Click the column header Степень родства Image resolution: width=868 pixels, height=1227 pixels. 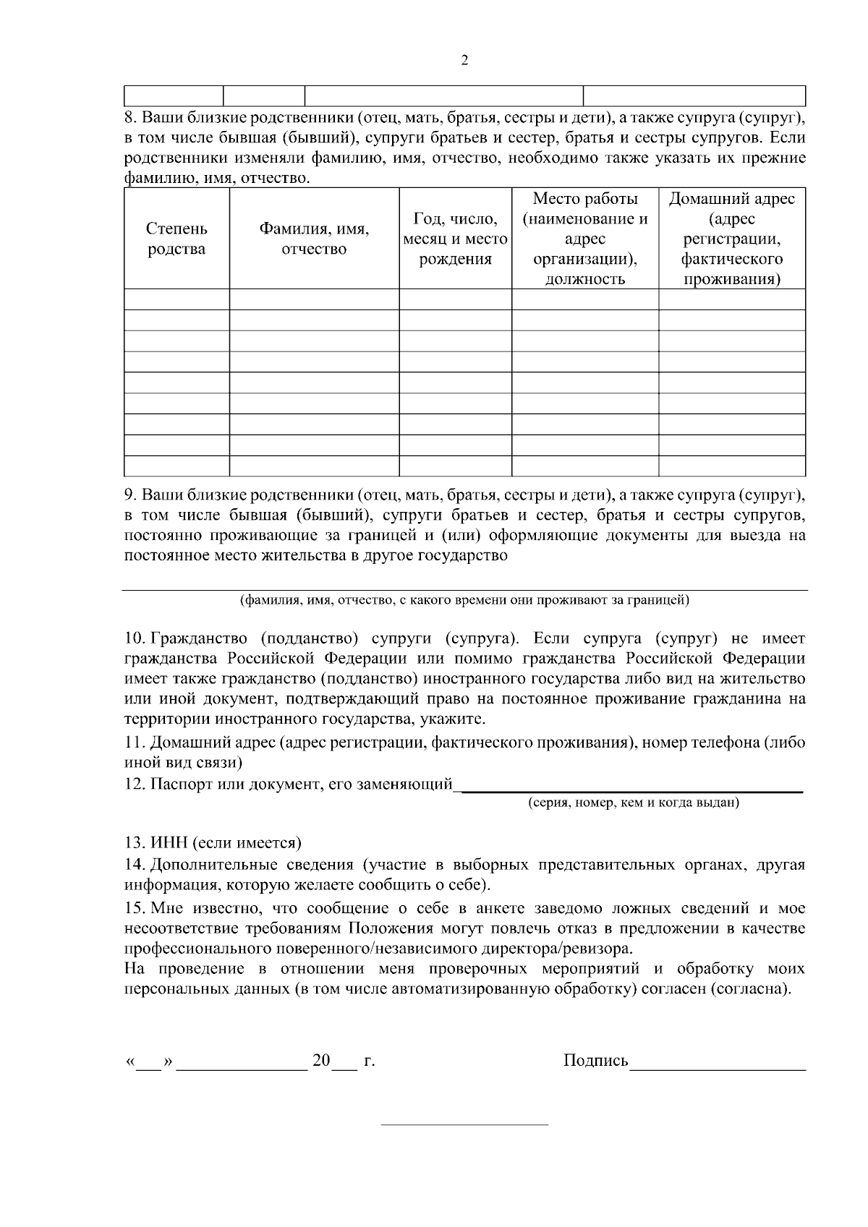[176, 239]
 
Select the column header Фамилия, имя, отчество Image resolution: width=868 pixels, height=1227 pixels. [314, 239]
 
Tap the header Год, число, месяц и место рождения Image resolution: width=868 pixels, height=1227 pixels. [455, 239]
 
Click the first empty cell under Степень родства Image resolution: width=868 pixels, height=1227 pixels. [176, 299]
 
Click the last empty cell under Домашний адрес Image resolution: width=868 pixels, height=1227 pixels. [731, 466]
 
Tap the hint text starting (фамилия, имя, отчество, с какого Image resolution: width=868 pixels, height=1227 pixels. [464, 599]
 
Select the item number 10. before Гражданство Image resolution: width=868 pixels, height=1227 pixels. [136, 638]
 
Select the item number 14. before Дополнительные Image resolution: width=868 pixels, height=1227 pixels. [136, 865]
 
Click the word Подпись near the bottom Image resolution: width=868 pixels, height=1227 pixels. [595, 1061]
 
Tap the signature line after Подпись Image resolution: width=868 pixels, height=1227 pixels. [718, 1064]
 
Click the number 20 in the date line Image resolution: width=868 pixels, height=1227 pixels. [320, 1061]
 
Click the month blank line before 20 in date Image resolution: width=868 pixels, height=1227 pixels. [242, 1064]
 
